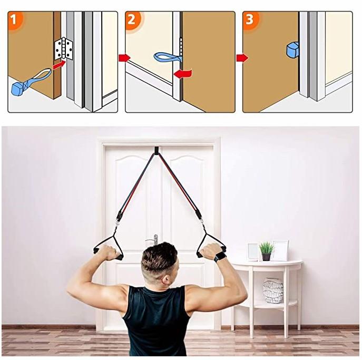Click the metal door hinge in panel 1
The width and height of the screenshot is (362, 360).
63,48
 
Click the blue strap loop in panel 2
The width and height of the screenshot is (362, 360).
168,56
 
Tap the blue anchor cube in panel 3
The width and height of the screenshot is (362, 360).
292,50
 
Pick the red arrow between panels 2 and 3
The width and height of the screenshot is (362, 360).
241,57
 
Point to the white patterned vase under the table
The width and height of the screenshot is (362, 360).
273,290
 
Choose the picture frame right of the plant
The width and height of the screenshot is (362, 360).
280,250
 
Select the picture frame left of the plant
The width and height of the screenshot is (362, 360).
253,252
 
